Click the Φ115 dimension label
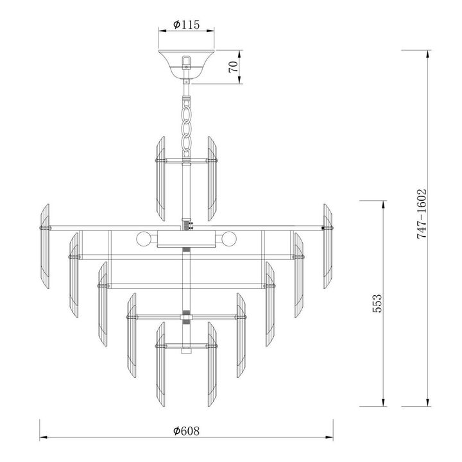pyautogui.click(x=187, y=25)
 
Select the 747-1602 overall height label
pyautogui.click(x=422, y=214)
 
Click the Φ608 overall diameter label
pyautogui.click(x=187, y=431)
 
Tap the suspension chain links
pyautogui.click(x=187, y=125)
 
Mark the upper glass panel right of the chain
pyautogui.click(x=213, y=177)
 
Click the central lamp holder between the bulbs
pyautogui.click(x=187, y=240)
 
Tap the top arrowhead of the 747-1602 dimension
pyautogui.click(x=427, y=53)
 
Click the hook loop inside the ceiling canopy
pyautogui.click(x=187, y=62)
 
